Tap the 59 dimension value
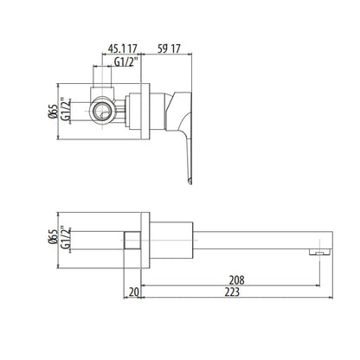click(163, 48)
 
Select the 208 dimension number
click(236, 280)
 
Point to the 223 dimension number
click(232, 292)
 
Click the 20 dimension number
click(134, 292)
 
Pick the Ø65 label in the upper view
click(54, 112)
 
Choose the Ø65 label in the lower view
click(54, 237)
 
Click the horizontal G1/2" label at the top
click(126, 61)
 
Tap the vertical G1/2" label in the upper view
click(66, 109)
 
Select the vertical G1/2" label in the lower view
click(66, 237)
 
